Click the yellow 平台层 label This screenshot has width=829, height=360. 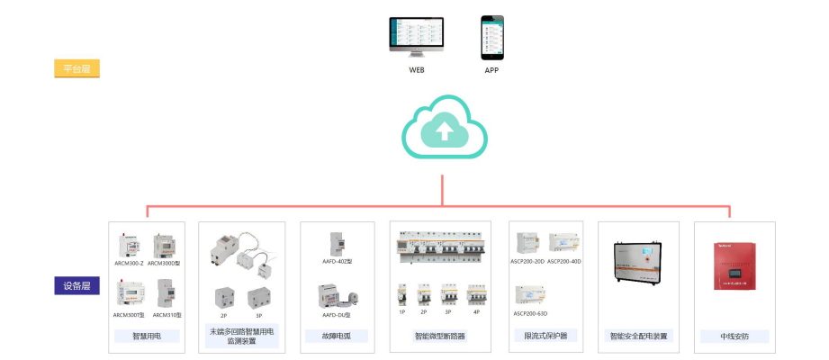pyautogui.click(x=77, y=68)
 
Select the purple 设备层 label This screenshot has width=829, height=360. pyautogui.click(x=76, y=287)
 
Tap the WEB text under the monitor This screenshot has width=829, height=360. pyautogui.click(x=417, y=69)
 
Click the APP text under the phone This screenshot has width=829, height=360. pyautogui.click(x=491, y=69)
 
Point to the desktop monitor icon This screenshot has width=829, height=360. pyautogui.click(x=416, y=37)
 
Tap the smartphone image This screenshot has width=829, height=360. pyautogui.click(x=491, y=37)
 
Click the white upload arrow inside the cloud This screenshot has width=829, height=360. pyautogui.click(x=444, y=131)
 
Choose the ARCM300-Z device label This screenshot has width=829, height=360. pyautogui.click(x=130, y=263)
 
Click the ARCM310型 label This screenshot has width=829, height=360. pyautogui.click(x=167, y=315)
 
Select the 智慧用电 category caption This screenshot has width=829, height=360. pyautogui.click(x=147, y=337)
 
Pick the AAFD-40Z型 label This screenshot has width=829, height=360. pyautogui.click(x=338, y=262)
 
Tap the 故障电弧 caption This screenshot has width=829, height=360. pyautogui.click(x=338, y=337)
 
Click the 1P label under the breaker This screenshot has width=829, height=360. pyautogui.click(x=403, y=312)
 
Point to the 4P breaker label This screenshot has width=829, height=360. pyautogui.click(x=476, y=312)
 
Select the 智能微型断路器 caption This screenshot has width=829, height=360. pyautogui.click(x=440, y=337)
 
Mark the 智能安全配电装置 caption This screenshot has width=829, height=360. pyautogui.click(x=640, y=337)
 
